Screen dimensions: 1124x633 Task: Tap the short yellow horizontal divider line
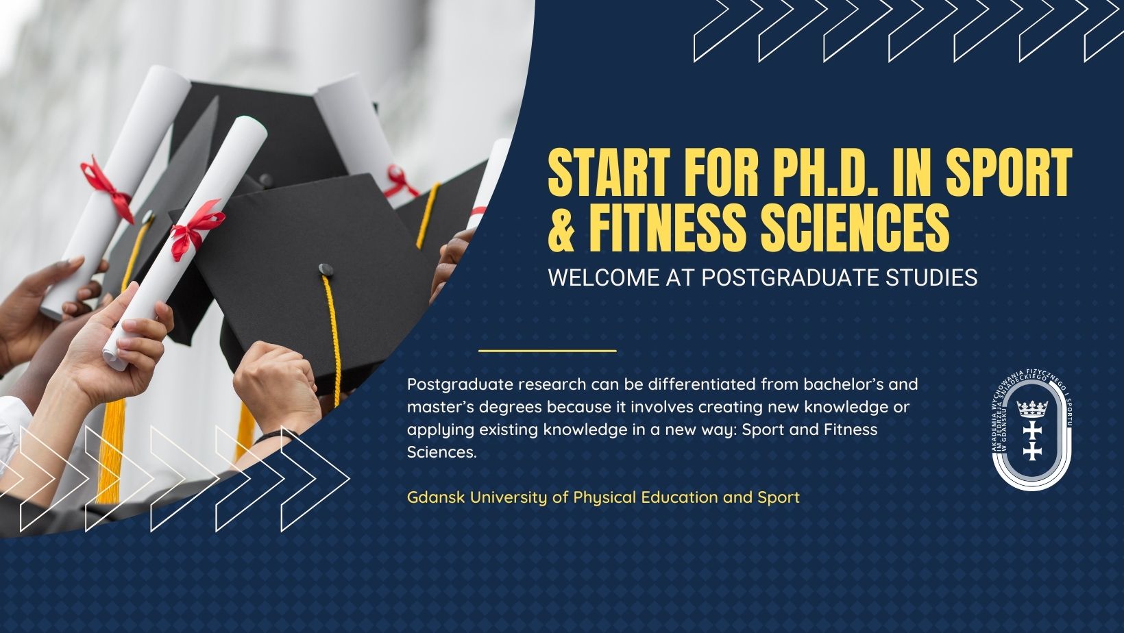click(x=548, y=351)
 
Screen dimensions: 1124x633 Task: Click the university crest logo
click(x=1032, y=433)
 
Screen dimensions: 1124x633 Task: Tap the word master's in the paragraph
click(x=441, y=407)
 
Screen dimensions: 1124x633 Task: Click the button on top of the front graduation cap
click(x=326, y=269)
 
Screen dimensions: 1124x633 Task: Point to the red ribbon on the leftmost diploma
click(x=108, y=190)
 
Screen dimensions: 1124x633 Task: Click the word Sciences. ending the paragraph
click(x=441, y=452)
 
